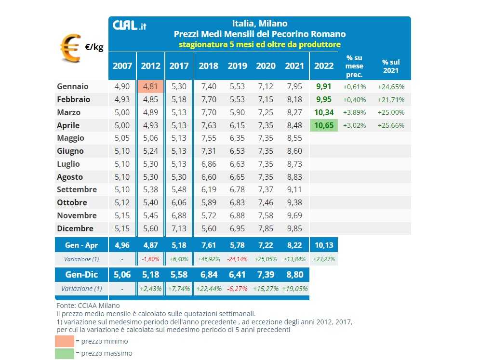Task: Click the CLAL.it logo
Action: click(129, 26)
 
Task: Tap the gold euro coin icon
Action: click(70, 47)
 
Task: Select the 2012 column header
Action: click(150, 66)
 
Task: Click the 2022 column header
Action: click(324, 66)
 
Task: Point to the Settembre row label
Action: click(77, 189)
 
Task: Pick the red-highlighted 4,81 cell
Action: click(150, 87)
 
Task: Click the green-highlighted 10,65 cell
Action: click(324, 125)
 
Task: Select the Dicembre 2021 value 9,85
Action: click(294, 228)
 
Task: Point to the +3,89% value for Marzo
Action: click(354, 112)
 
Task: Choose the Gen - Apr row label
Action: click(81, 245)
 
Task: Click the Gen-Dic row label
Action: click(81, 275)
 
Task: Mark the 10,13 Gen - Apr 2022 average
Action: click(324, 245)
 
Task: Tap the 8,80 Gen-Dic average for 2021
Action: click(294, 275)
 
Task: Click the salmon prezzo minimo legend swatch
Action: click(65, 341)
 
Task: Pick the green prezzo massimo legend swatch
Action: click(65, 353)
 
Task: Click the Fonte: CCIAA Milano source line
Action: click(88, 306)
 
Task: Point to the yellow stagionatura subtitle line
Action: click(259, 44)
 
